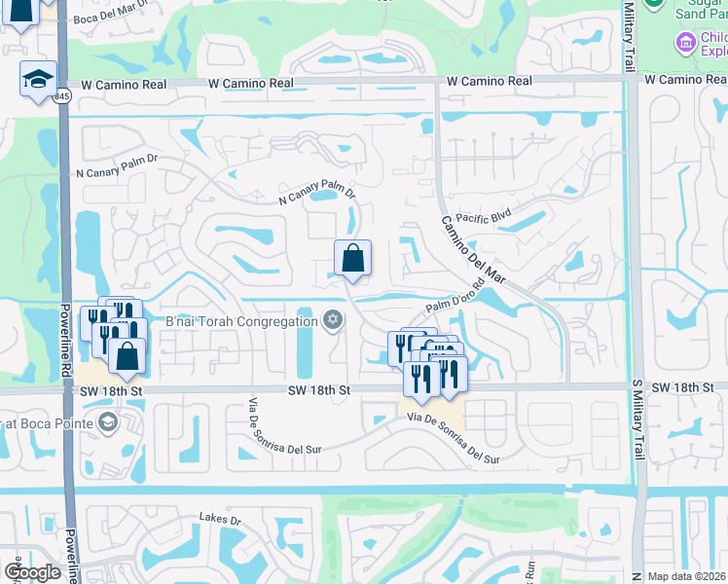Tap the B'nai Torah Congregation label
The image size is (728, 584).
point(242,321)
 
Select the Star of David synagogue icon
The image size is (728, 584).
point(333,320)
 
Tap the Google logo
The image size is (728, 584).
point(33,572)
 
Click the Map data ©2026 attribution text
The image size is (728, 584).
point(686,576)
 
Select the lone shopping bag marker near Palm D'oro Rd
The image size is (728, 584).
point(352,259)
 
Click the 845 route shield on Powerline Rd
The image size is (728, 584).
point(62,96)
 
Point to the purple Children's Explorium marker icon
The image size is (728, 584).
point(686,42)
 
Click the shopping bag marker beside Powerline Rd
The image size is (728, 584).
point(127,356)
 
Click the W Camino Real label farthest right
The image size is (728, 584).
point(685,80)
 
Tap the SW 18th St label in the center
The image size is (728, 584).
point(318,389)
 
